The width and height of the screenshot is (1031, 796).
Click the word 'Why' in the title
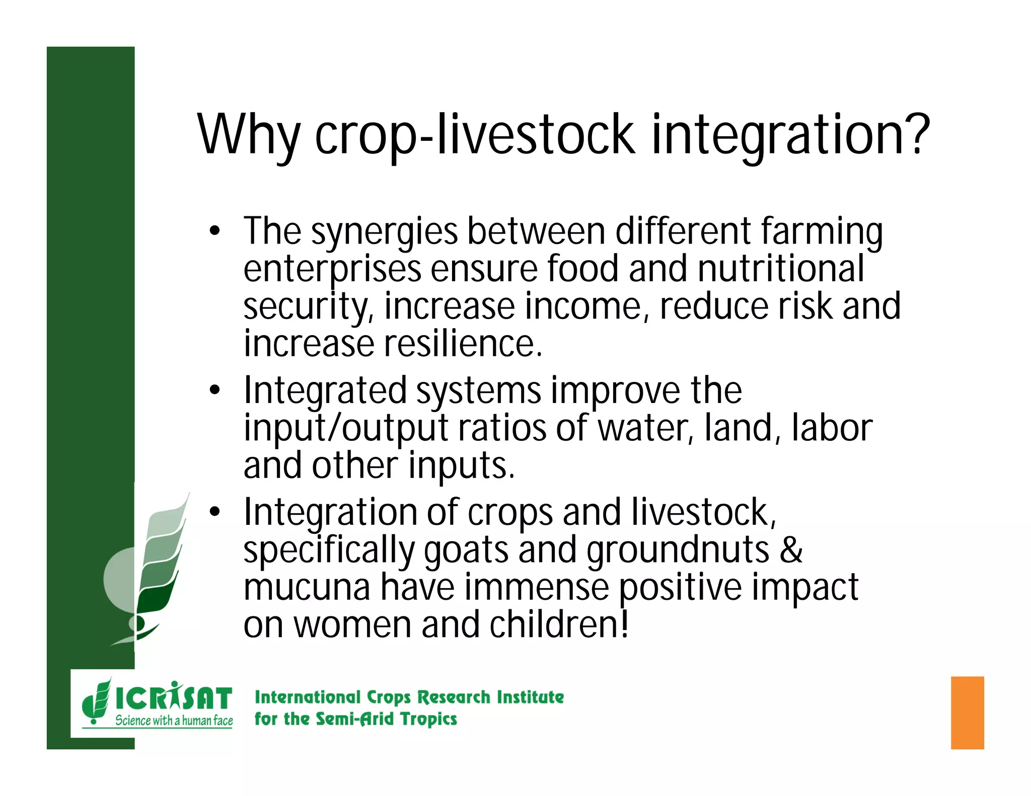(248, 135)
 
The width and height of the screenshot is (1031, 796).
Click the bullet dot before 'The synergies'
(215, 232)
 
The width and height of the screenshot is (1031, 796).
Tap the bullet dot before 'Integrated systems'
(215, 390)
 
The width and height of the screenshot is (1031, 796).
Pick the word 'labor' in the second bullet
(832, 428)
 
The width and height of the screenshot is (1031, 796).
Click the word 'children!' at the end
(559, 624)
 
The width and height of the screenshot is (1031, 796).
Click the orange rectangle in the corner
(967, 712)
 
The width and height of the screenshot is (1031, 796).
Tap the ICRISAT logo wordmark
(174, 698)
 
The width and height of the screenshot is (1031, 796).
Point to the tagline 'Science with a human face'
(174, 721)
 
